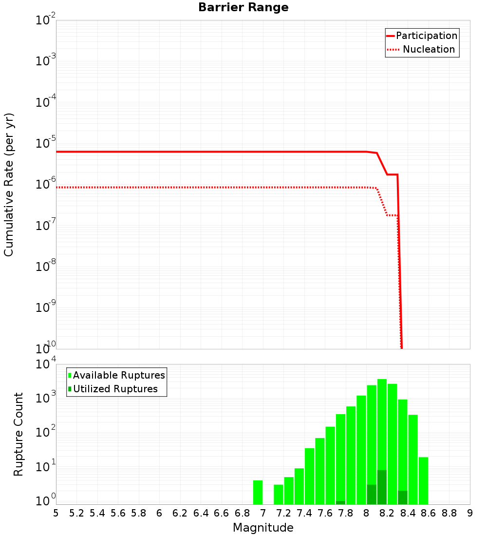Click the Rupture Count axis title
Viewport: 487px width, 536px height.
coord(19,434)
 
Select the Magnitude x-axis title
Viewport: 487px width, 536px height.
coord(263,528)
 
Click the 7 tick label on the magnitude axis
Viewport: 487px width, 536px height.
coord(263,513)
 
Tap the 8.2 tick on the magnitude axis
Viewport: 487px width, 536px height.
coord(387,513)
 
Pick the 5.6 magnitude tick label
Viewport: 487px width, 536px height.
coord(118,513)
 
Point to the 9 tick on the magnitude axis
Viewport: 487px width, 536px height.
coord(470,513)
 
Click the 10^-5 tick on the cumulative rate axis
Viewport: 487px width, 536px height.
coord(45,144)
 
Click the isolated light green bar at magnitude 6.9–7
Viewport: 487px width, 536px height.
coord(258,492)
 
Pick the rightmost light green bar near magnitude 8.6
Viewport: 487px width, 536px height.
coord(423,480)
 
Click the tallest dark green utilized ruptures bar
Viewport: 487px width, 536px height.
coord(382,487)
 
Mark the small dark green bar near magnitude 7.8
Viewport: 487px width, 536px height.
coord(340,502)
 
